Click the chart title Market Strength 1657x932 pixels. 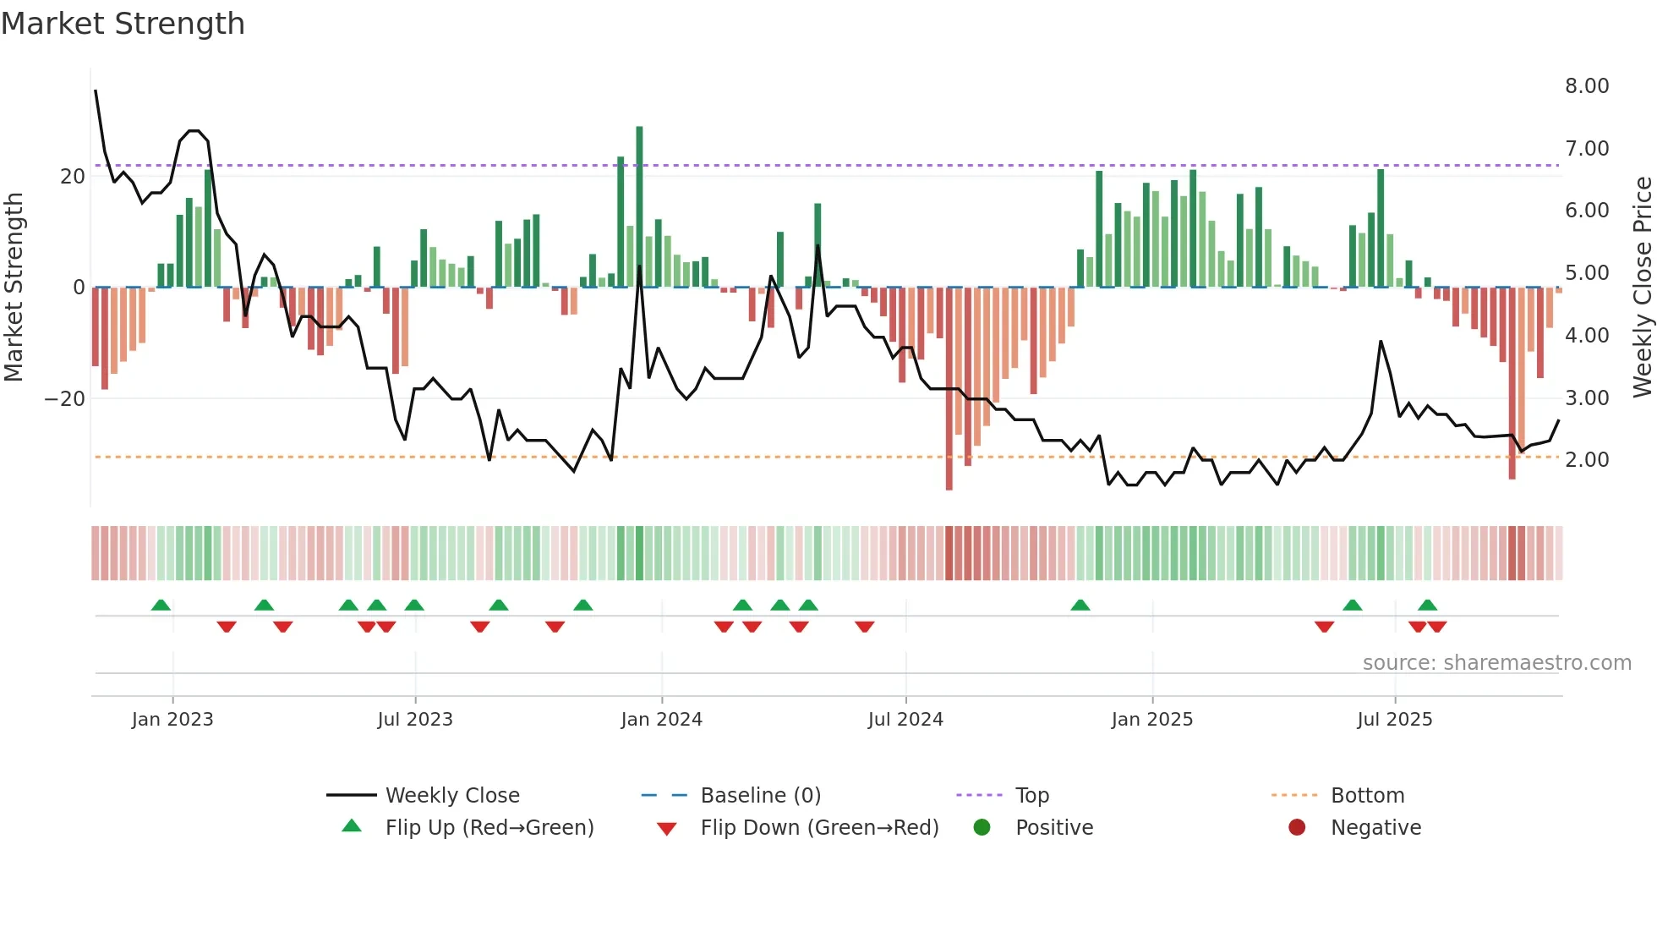[123, 24]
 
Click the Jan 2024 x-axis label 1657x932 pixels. [661, 720]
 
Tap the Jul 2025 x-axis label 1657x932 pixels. [1394, 720]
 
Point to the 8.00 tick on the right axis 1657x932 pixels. [1586, 86]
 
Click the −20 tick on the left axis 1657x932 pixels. [65, 399]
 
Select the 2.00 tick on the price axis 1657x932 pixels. [1586, 460]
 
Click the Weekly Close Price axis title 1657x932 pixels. [1642, 288]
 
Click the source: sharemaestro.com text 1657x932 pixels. [1496, 663]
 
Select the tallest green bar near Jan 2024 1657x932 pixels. [639, 207]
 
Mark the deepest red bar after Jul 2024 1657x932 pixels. [949, 389]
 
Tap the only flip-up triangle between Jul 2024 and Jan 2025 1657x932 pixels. [1080, 605]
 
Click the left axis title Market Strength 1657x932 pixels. [14, 288]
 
